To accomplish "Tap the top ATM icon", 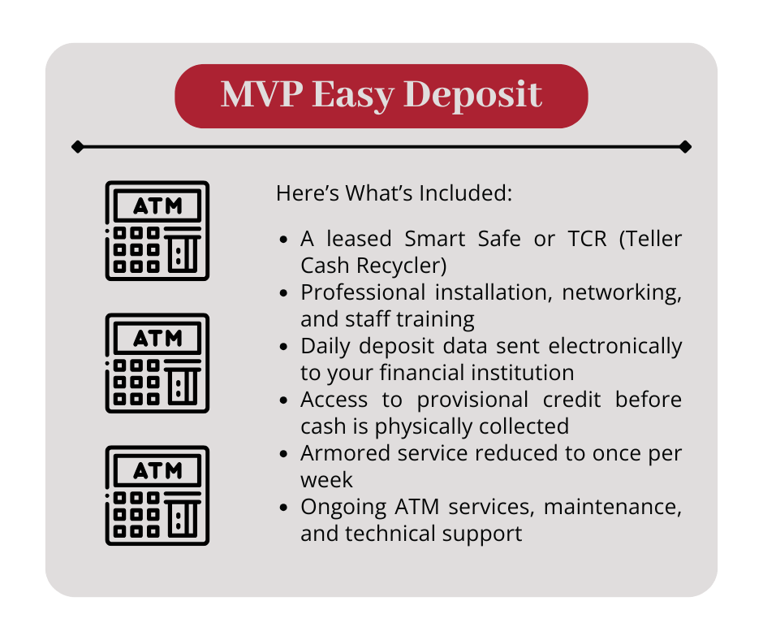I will coord(157,231).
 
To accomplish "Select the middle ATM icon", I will coord(157,363).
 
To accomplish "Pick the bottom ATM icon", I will coord(157,495).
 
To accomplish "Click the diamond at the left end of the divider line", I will coord(77,147).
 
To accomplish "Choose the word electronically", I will coord(615,346).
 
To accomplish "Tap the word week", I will coord(327,480).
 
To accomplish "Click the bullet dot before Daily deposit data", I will coord(283,347).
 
